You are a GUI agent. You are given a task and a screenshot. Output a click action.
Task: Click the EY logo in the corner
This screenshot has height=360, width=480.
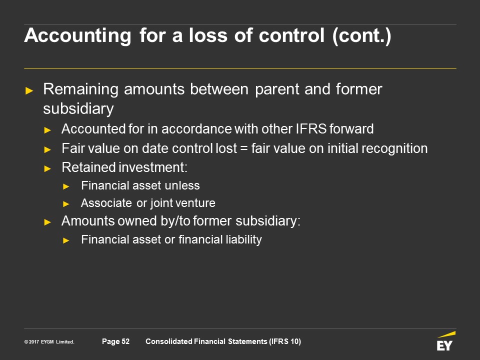pyautogui.click(x=445, y=340)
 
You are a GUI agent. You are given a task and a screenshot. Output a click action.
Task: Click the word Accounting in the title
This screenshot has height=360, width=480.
pyautogui.click(x=78, y=36)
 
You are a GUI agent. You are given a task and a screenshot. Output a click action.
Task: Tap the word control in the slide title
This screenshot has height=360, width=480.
pyautogui.click(x=291, y=35)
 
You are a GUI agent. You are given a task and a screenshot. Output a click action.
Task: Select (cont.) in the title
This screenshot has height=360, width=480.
pyautogui.click(x=362, y=36)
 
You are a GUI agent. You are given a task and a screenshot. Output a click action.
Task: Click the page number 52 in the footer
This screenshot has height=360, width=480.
pyautogui.click(x=125, y=341)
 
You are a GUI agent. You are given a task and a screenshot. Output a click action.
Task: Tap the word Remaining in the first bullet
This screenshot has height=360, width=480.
pyautogui.click(x=81, y=89)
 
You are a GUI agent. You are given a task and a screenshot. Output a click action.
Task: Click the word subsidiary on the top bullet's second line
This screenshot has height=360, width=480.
pyautogui.click(x=78, y=109)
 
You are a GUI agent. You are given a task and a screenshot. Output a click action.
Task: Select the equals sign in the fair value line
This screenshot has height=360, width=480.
pyautogui.click(x=244, y=148)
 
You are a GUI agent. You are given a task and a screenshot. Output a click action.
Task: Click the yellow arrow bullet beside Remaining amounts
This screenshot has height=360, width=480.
pyautogui.click(x=29, y=90)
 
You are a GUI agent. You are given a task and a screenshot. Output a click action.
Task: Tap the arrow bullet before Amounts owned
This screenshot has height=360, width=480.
pyautogui.click(x=47, y=222)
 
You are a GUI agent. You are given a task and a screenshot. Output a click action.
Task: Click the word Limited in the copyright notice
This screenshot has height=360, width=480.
pyautogui.click(x=65, y=341)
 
